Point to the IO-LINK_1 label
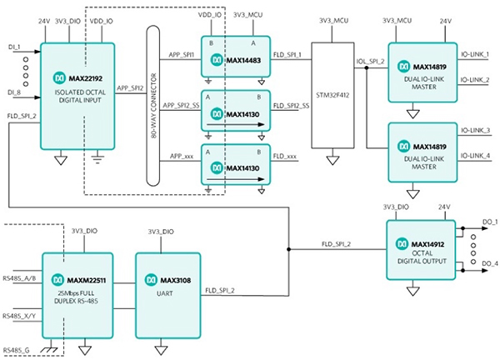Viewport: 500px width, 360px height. click(479, 55)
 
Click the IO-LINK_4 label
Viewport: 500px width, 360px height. click(479, 156)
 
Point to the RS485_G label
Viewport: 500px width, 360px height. click(17, 348)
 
